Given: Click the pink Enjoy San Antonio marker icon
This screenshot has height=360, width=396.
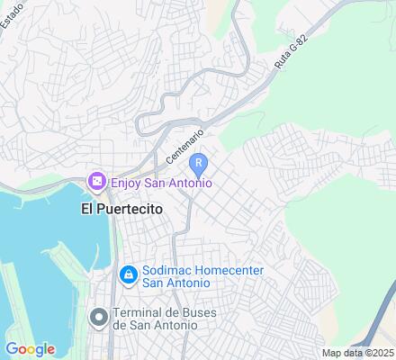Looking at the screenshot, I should (x=96, y=182).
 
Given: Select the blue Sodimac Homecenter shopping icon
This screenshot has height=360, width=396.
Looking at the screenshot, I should (x=128, y=273).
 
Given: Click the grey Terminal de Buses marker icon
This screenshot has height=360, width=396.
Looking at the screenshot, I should (x=97, y=316).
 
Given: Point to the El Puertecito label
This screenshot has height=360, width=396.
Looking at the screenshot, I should (x=121, y=208).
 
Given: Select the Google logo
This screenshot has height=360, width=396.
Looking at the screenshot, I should (x=30, y=349).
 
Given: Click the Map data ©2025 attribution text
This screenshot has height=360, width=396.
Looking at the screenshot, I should (x=357, y=352).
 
